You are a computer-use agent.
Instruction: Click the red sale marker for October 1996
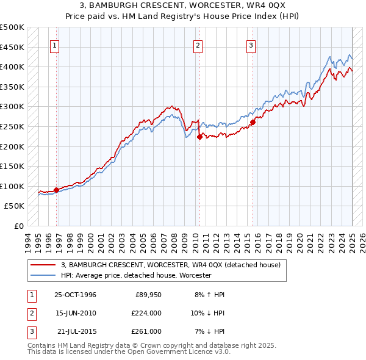[x=57, y=190]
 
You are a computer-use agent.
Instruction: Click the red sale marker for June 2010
[x=199, y=137]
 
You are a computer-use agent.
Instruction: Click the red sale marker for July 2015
[x=253, y=122]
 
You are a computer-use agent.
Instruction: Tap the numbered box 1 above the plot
[x=55, y=45]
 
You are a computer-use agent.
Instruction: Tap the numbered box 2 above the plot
[x=198, y=45]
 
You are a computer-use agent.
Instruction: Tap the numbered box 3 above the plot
[x=251, y=45]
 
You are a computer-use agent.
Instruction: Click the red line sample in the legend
[x=43, y=265]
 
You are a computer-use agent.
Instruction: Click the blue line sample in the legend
[x=43, y=275]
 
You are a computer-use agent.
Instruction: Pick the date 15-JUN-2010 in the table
[x=75, y=313]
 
